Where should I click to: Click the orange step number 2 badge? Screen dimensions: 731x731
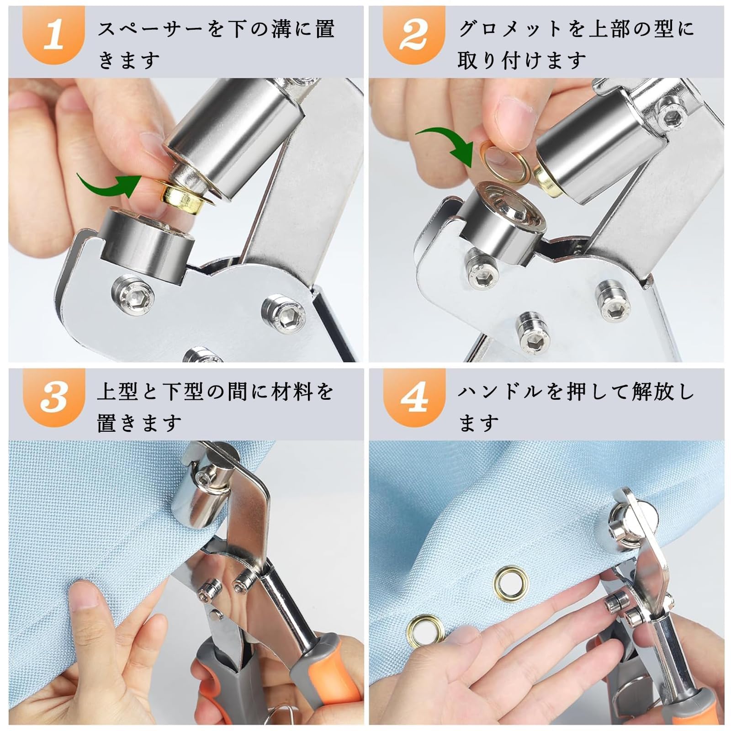coord(413,36)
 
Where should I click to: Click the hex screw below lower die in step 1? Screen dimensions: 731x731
coord(132,297)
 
